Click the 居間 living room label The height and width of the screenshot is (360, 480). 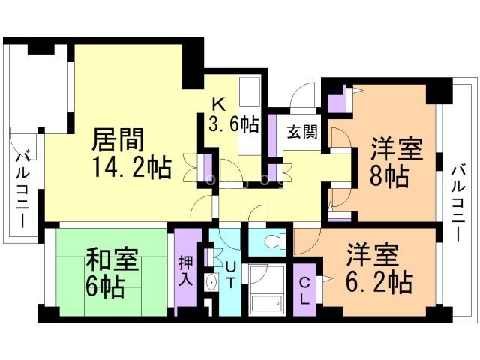(118, 140)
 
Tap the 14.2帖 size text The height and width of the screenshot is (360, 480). (130, 165)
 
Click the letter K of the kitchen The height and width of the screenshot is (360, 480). (216, 103)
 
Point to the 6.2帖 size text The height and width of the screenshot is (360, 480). (377, 283)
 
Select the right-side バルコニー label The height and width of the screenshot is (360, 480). (457, 202)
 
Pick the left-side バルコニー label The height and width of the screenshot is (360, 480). (22, 191)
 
